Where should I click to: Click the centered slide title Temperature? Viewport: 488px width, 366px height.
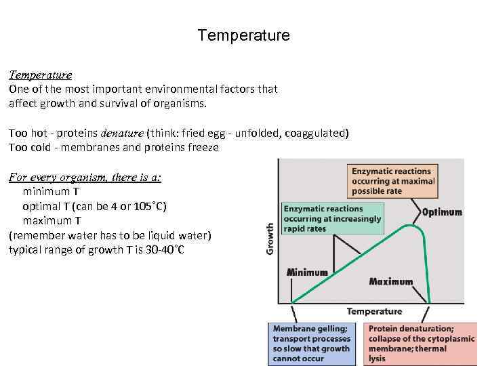(x=243, y=35)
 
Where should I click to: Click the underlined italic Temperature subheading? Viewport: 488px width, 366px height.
(x=40, y=75)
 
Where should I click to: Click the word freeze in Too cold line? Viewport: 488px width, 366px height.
(x=203, y=147)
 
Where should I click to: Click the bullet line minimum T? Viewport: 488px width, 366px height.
(x=51, y=192)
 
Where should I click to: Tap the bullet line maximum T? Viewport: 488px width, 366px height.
(x=52, y=220)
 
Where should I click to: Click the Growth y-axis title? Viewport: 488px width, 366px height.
(x=270, y=239)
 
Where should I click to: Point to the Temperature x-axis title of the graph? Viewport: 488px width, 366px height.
(x=374, y=312)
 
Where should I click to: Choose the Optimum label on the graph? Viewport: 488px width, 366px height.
(x=442, y=212)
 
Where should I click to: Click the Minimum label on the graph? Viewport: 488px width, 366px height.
(x=307, y=272)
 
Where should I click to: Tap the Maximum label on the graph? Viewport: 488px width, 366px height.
(x=391, y=281)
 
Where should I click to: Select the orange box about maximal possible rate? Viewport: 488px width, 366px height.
(x=390, y=181)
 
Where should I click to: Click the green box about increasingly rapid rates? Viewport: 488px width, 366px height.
(x=332, y=219)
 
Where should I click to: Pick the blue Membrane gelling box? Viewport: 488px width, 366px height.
(x=311, y=343)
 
